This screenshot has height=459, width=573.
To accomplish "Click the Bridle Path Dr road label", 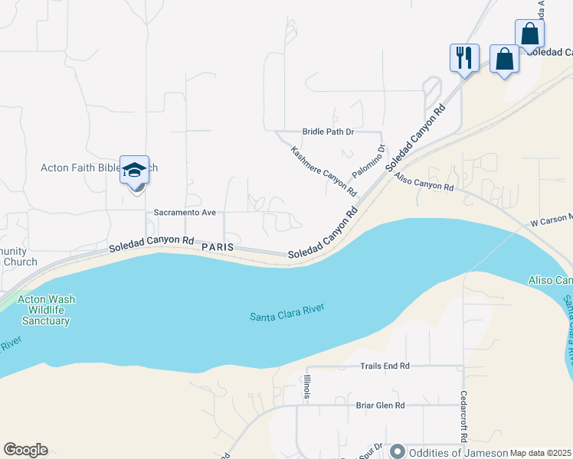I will click(328, 132).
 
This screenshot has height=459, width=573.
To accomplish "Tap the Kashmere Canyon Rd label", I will click(324, 170).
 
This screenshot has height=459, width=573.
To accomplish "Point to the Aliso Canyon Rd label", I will click(424, 182).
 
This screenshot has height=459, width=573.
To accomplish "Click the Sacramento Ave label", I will click(185, 212).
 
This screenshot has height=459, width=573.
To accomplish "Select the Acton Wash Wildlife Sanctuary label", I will click(48, 310).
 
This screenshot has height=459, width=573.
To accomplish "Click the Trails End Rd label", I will click(385, 366).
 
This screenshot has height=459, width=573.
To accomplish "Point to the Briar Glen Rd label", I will click(380, 405).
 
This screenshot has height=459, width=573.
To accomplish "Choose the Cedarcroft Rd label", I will click(463, 417).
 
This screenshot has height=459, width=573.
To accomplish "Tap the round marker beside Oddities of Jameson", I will click(398, 451).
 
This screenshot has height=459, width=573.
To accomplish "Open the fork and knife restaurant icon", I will click(464, 57).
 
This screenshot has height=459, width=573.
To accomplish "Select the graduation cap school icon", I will click(134, 170).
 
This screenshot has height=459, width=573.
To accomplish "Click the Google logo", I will click(25, 450).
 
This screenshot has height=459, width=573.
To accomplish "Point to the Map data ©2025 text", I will click(541, 453).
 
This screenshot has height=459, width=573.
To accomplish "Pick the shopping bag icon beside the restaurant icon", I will click(504, 58).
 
